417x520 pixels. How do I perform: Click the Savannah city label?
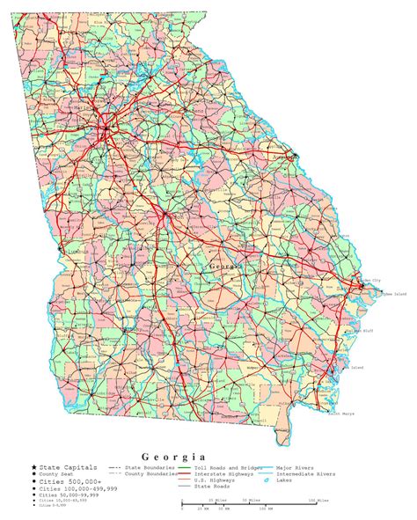pyautogui.click(x=350, y=288)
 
